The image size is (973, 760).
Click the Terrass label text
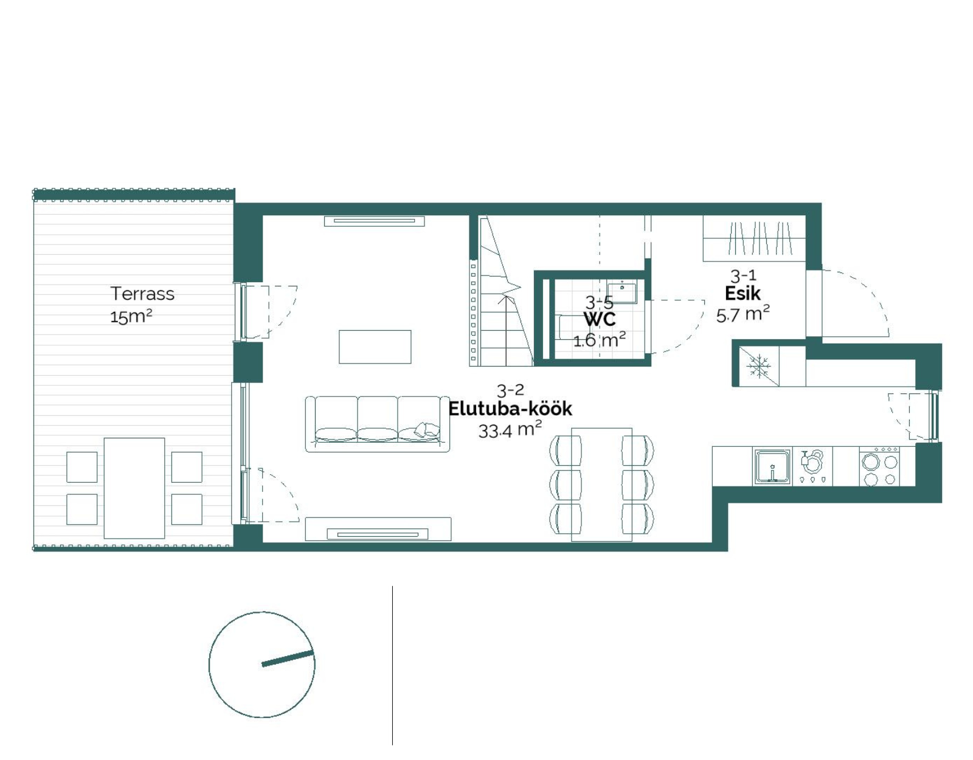[142, 294]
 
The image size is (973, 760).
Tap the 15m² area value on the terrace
[131, 316]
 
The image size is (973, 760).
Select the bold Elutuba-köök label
[510, 409]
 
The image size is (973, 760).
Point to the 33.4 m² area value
[510, 430]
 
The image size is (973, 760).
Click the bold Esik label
[743, 294]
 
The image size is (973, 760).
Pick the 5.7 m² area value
[743, 314]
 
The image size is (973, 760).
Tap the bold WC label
[600, 320]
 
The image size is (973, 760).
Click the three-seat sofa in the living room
[378, 424]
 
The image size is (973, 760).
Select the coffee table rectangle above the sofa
[375, 347]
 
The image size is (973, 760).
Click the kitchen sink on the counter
[772, 468]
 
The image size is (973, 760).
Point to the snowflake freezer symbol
[759, 366]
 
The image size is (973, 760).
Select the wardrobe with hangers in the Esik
[755, 238]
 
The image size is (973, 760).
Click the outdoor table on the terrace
[134, 488]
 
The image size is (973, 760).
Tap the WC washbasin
[622, 292]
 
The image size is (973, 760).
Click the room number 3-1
[743, 275]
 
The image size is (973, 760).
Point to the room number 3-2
[510, 390]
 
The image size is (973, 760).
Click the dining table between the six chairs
[602, 485]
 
